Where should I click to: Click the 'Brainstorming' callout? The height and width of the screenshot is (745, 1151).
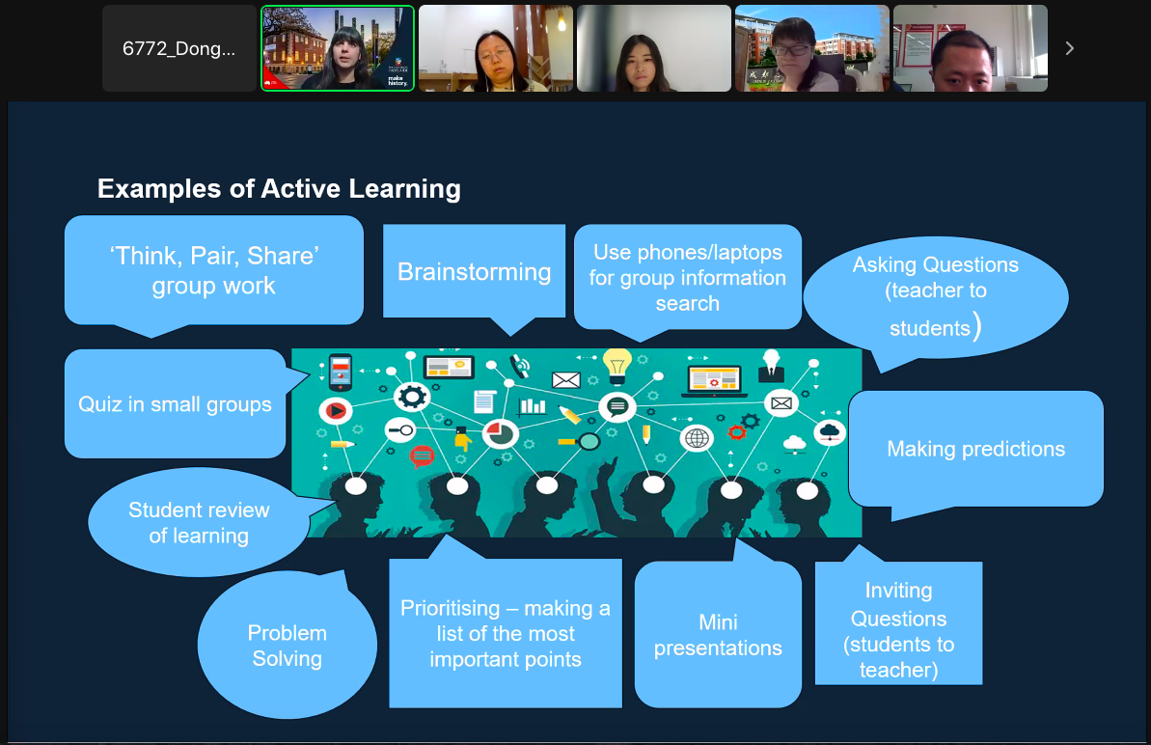pyautogui.click(x=474, y=271)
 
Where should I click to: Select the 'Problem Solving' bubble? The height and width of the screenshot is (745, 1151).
pyautogui.click(x=287, y=646)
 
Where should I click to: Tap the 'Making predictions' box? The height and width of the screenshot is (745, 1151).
pyautogui.click(x=975, y=449)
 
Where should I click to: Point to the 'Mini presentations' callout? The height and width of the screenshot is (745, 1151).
pyautogui.click(x=718, y=635)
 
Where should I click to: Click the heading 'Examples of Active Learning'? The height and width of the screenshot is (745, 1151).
pyautogui.click(x=279, y=188)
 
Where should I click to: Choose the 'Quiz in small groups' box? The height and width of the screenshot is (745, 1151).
pyautogui.click(x=175, y=403)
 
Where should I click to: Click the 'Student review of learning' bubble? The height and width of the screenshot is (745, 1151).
pyautogui.click(x=199, y=522)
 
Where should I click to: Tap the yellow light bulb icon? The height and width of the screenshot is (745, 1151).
pyautogui.click(x=617, y=364)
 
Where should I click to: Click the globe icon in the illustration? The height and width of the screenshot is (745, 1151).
pyautogui.click(x=696, y=438)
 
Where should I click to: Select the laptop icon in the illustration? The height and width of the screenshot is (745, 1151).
pyautogui.click(x=713, y=380)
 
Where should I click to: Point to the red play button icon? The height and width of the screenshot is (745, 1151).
pyautogui.click(x=335, y=411)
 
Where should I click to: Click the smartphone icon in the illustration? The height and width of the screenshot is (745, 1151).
pyautogui.click(x=339, y=371)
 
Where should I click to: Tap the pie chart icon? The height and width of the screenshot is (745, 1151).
pyautogui.click(x=499, y=433)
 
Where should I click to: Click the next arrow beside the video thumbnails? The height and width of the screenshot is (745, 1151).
pyautogui.click(x=1069, y=48)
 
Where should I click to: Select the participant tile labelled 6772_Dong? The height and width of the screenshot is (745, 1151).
pyautogui.click(x=179, y=48)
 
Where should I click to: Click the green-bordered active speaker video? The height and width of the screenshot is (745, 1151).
pyautogui.click(x=338, y=48)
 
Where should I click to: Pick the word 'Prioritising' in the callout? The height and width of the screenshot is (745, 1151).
pyautogui.click(x=451, y=608)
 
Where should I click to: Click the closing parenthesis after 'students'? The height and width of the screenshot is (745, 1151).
pyautogui.click(x=977, y=326)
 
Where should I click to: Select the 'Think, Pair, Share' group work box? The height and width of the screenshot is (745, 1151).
pyautogui.click(x=213, y=270)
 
